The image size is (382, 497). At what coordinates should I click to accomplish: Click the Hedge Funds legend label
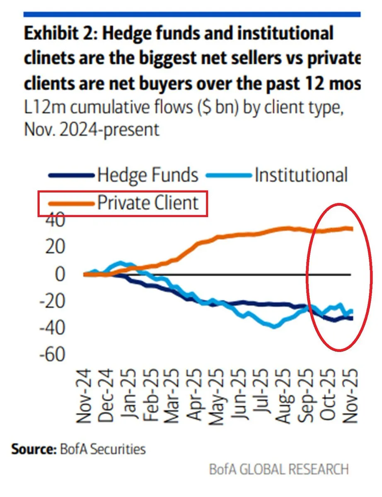tap(147, 176)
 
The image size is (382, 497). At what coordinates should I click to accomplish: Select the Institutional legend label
tap(301, 176)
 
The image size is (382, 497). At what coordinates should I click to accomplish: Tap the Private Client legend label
tap(147, 203)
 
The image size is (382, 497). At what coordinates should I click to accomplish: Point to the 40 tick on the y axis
tap(53, 220)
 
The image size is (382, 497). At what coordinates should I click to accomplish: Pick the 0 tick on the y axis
tap(60, 274)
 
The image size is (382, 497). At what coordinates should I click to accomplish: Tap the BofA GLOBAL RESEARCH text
tap(279, 470)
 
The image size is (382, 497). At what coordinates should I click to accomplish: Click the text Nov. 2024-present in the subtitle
tap(92, 130)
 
